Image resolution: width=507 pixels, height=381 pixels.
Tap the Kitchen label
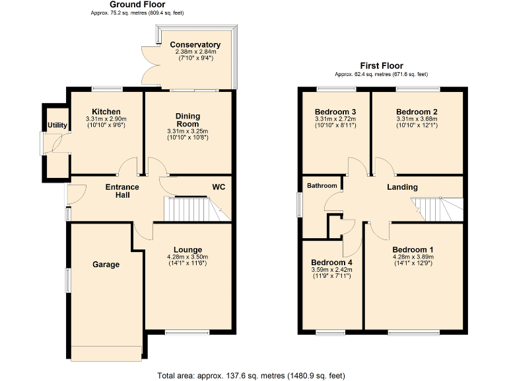coord(106,111)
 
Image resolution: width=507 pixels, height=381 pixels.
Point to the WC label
coord(219,187)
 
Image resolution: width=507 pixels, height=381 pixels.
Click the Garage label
coord(106,265)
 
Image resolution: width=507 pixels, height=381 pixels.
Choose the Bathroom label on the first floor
coord(321,186)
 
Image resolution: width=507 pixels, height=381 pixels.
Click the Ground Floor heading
coord(128,4)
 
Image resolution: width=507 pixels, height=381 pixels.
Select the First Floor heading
coord(381,65)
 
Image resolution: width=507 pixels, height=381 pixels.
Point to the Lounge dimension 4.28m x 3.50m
coord(187,257)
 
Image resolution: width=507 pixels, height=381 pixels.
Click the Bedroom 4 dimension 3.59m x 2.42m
coord(331,270)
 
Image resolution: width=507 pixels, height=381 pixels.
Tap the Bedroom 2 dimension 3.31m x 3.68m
coord(417,119)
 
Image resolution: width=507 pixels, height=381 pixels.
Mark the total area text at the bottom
coord(251,375)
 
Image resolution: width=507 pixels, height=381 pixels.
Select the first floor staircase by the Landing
coord(436,209)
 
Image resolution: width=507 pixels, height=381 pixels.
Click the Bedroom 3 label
coord(335,111)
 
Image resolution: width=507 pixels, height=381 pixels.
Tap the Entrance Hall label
coord(122,191)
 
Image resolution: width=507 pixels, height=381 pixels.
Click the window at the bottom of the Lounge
coord(178,332)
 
